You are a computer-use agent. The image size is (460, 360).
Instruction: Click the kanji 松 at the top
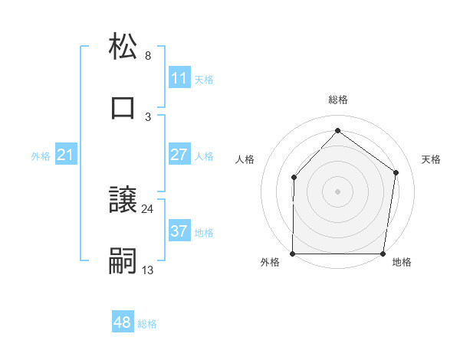(123, 46)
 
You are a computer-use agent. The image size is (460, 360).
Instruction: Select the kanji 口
(123, 106)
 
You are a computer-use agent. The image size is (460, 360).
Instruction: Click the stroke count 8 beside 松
(148, 56)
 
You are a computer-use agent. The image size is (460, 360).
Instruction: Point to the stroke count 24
(148, 208)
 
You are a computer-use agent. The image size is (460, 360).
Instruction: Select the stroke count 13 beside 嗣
(148, 270)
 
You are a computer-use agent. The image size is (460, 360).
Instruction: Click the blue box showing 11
(179, 78)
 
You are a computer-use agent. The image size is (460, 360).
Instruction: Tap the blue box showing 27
(179, 155)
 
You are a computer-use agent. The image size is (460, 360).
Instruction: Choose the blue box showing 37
(179, 231)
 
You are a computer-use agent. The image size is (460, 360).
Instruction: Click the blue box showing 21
(65, 155)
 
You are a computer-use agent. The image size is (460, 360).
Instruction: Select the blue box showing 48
(123, 322)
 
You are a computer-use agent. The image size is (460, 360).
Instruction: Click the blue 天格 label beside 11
(204, 79)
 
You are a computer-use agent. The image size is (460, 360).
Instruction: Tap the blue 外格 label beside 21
(41, 156)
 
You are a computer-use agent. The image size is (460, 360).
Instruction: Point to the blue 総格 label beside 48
(148, 324)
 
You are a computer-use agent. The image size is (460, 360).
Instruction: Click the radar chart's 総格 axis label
(337, 100)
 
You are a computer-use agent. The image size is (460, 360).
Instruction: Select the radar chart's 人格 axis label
(245, 159)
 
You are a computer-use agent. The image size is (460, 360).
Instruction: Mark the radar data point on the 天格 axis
(396, 172)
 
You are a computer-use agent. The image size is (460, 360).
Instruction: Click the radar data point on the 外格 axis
(293, 254)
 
